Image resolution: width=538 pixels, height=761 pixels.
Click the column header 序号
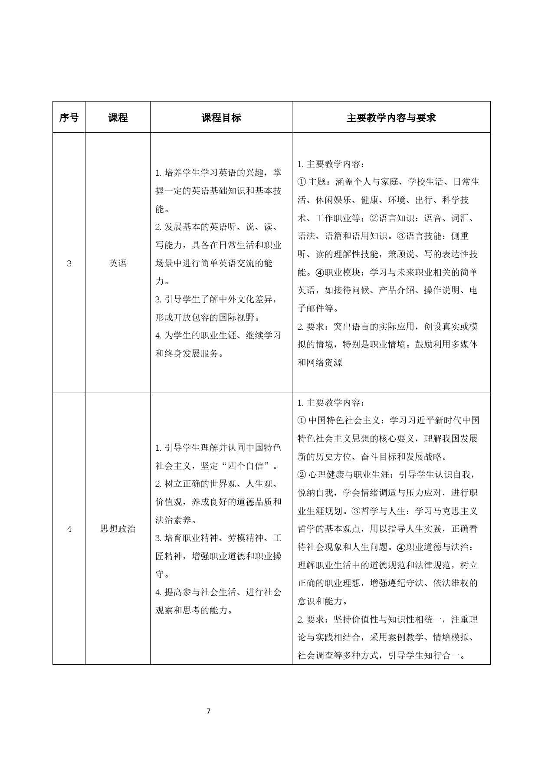coord(69,118)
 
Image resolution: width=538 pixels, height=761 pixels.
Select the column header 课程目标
coord(221,118)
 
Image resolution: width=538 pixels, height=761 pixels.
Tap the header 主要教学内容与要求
coord(391,118)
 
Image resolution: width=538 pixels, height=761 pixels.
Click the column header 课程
coord(118,118)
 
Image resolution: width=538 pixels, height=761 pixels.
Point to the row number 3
coord(69,263)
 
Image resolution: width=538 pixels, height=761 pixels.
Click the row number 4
coord(69,529)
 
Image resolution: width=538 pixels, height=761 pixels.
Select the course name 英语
coord(118,263)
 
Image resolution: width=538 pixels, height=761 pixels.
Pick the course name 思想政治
coord(118,529)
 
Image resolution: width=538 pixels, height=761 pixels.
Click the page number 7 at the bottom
coord(209,711)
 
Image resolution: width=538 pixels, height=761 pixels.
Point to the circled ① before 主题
coord(302,182)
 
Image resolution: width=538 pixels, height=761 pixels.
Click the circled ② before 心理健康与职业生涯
coord(302,475)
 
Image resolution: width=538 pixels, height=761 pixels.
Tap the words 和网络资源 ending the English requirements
coord(320,363)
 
